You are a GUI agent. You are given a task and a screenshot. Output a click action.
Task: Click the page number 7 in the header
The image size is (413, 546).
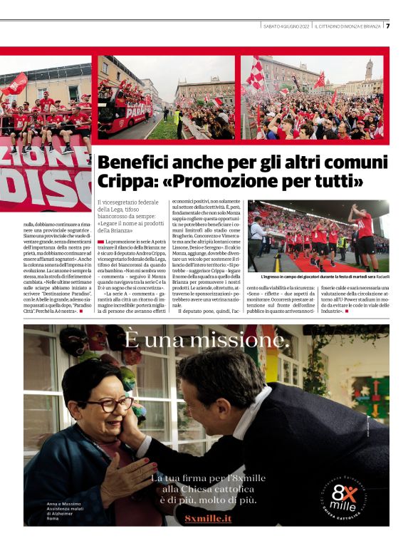[388, 26]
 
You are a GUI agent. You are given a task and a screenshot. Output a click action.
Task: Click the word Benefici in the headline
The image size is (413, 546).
[137, 162]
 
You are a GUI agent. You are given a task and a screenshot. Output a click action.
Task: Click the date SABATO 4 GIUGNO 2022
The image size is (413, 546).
[286, 26]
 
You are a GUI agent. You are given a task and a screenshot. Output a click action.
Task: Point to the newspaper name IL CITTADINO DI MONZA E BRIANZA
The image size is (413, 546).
[349, 26]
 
